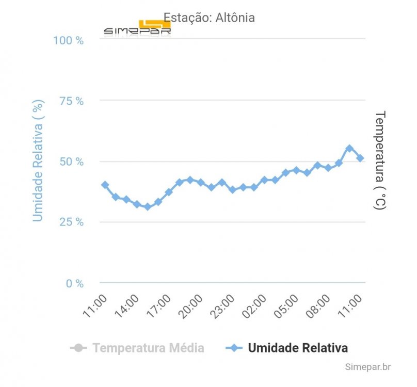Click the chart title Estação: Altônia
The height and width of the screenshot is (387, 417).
pos(209,18)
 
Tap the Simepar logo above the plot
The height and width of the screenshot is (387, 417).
pos(137,28)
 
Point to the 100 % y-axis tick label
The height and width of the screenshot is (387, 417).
pos(68,41)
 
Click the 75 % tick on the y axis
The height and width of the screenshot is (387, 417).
pos(72,101)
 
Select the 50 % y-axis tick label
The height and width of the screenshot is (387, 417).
pos(72,162)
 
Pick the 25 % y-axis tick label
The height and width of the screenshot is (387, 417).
pos(72,222)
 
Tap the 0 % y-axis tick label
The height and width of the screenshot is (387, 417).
pos(75,283)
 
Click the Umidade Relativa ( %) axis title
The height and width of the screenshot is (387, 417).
pos(38,160)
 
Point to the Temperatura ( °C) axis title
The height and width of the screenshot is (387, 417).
pos(380,160)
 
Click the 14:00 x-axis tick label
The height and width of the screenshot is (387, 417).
pos(126,306)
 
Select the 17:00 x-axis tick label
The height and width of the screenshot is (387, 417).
pos(158,306)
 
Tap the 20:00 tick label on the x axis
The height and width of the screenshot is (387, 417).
pos(190,306)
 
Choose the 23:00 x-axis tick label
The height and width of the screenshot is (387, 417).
pos(222,306)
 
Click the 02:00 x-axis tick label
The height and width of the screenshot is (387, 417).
pos(254,306)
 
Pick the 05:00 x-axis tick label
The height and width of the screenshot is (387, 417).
pos(286,306)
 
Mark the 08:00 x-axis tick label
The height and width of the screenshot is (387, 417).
pos(318,306)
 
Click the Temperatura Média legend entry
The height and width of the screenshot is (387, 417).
pos(137,348)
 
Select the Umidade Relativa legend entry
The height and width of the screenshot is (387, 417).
pos(287,348)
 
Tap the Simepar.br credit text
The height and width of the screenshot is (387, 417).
pos(368,367)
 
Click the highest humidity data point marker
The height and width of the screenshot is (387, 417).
pos(349,149)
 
